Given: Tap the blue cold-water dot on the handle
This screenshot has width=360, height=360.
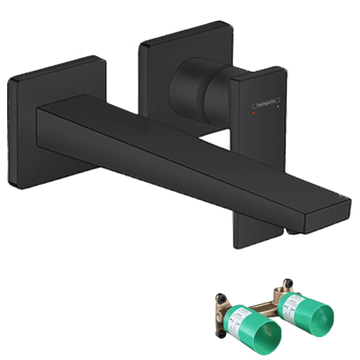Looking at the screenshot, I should point(279,104).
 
